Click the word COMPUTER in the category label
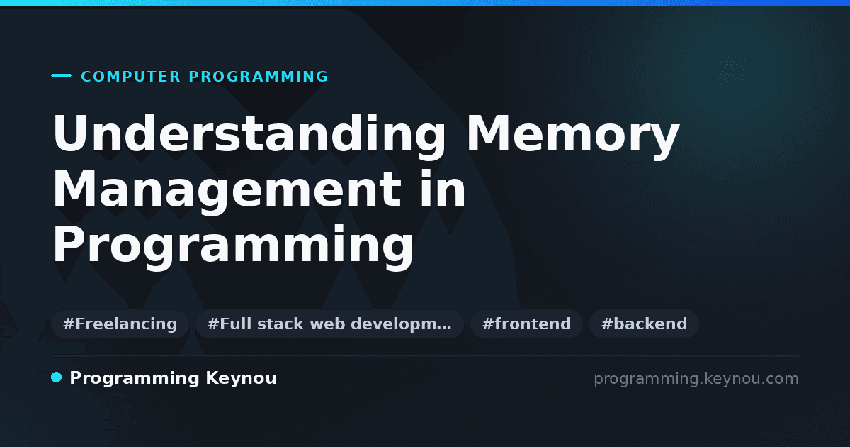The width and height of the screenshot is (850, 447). (131, 77)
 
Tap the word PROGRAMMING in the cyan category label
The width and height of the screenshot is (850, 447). (259, 77)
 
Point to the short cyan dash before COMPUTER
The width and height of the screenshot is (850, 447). (61, 75)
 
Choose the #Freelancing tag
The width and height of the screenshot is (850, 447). (120, 324)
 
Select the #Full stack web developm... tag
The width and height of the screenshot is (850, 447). (329, 324)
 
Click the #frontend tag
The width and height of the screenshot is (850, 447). (526, 324)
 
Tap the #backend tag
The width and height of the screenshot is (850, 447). (644, 324)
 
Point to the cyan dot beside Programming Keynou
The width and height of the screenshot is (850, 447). (56, 377)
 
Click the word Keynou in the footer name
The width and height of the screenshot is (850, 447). (241, 379)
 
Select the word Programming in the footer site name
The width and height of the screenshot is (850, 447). (135, 379)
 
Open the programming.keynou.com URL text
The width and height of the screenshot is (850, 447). (696, 380)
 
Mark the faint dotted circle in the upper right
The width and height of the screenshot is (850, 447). (732, 71)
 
